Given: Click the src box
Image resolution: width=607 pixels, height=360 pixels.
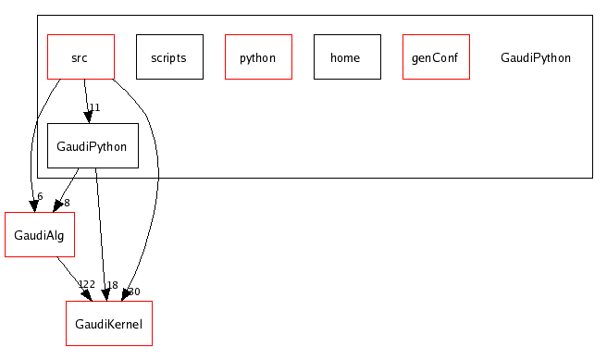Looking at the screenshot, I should tap(81, 57).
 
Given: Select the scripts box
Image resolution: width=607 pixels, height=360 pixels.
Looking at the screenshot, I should tap(169, 57).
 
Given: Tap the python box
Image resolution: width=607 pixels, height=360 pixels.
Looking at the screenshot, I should tap(258, 57).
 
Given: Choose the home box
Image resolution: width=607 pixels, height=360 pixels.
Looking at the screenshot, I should tap(347, 57).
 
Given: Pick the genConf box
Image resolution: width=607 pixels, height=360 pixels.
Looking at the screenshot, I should tap(436, 57).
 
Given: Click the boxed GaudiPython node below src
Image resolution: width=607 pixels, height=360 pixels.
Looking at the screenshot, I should tap(93, 146).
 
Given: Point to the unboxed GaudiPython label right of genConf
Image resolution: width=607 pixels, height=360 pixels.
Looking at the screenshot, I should tap(536, 57).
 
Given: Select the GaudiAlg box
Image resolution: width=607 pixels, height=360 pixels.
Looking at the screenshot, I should tap(40, 235).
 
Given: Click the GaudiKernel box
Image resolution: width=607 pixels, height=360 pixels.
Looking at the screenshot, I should tap(109, 324).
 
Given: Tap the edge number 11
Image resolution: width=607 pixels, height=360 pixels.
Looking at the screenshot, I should tap(93, 108).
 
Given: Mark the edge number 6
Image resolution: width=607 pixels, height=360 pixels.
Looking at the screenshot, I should tap(40, 196).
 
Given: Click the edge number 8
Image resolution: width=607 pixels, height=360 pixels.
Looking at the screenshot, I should tap(67, 203).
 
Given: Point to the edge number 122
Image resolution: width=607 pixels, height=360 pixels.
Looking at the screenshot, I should tap(86, 285).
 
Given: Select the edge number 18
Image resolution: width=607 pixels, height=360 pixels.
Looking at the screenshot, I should tap(112, 286).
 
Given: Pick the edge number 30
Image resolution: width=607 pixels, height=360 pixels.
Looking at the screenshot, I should tap(133, 292).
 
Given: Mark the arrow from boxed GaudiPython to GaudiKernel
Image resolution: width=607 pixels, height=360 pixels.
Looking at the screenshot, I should tap(100, 231).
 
